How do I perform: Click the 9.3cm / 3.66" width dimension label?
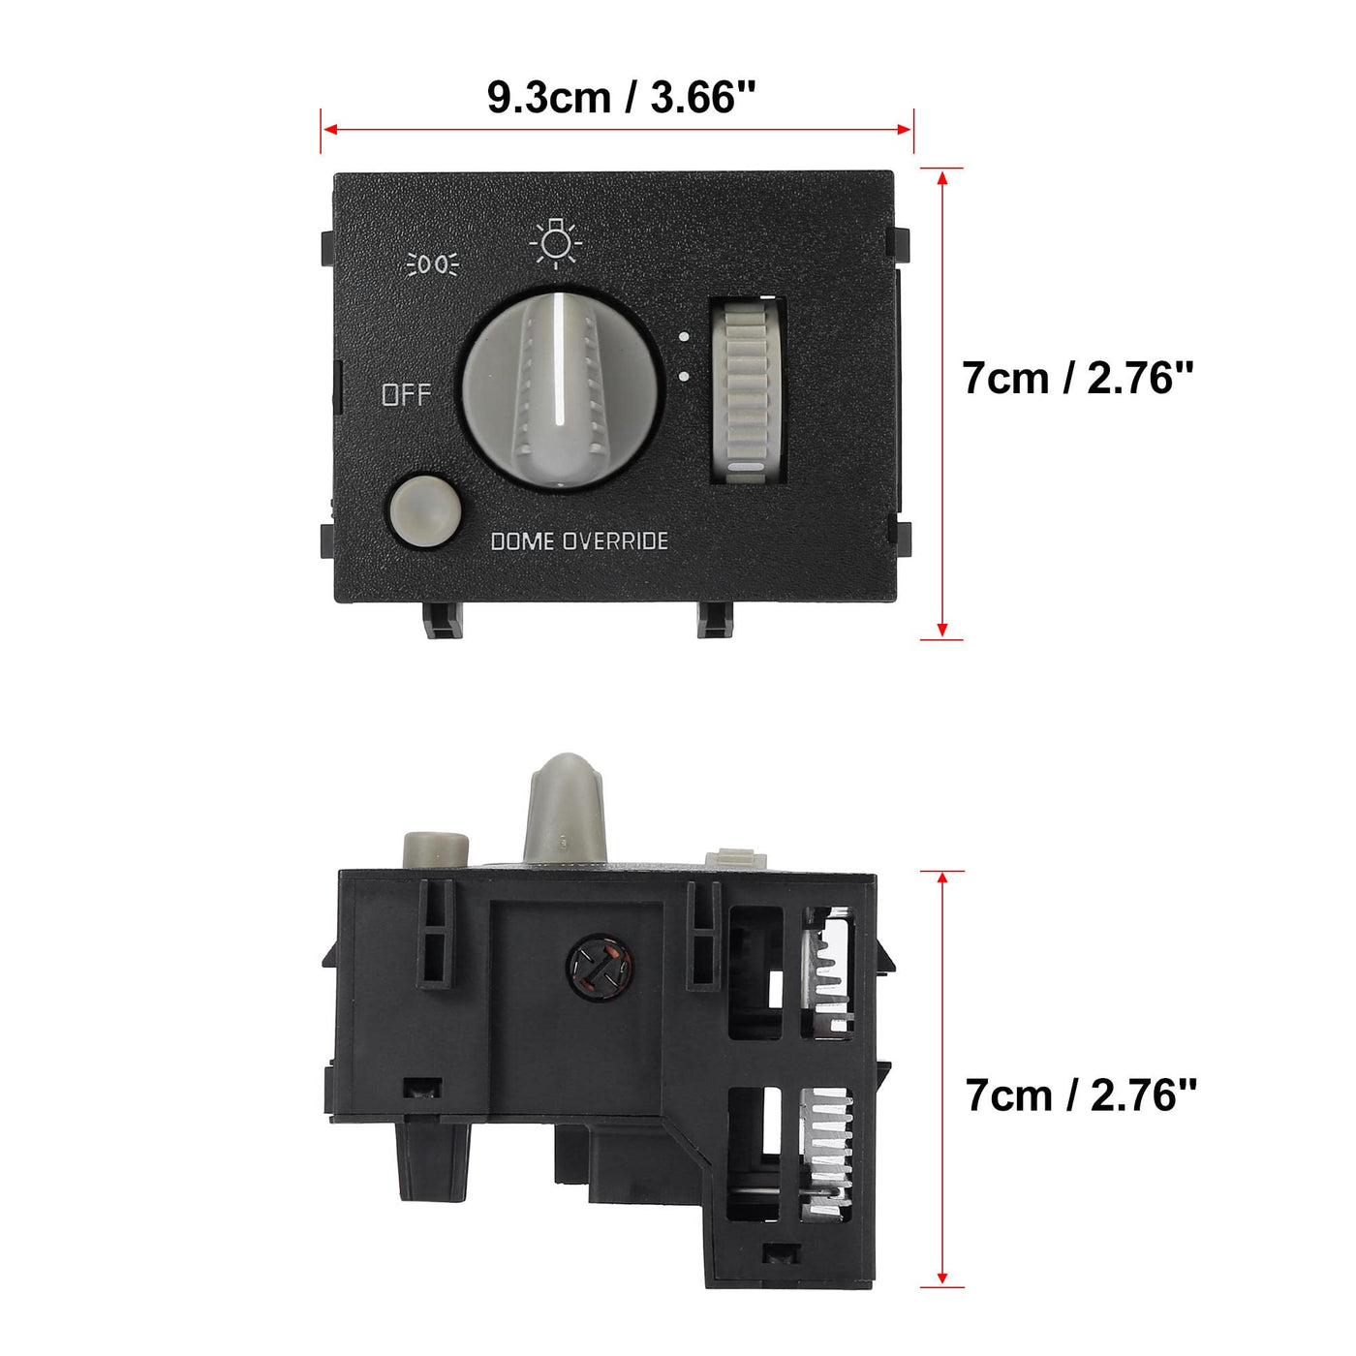pyautogui.click(x=622, y=97)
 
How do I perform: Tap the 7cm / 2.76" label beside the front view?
pyautogui.click(x=1078, y=378)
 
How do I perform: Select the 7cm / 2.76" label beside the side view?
pyautogui.click(x=1081, y=1095)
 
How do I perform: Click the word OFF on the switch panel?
pyautogui.click(x=406, y=395)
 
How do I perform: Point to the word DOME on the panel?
pyautogui.click(x=521, y=541)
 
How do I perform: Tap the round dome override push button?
pyautogui.click(x=425, y=510)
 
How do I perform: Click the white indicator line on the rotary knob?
pyautogui.click(x=560, y=361)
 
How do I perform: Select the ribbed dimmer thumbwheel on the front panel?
pyautogui.click(x=748, y=389)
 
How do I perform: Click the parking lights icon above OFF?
pyautogui.click(x=433, y=264)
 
